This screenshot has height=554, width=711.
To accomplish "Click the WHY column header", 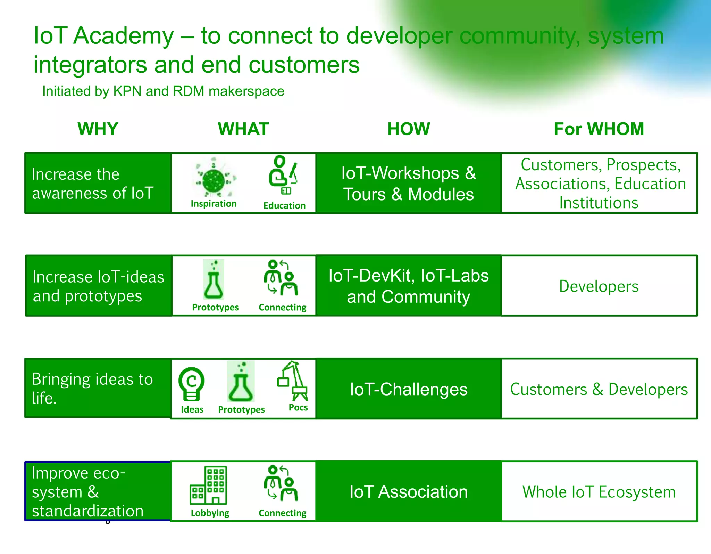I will [x=98, y=129].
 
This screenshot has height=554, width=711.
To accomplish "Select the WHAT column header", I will [x=243, y=129].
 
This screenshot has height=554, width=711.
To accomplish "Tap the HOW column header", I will [x=409, y=129].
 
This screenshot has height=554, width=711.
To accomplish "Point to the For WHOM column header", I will [x=599, y=129].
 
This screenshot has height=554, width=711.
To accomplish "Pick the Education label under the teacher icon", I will [x=284, y=206].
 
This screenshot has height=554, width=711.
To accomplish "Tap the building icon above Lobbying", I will [x=208, y=486].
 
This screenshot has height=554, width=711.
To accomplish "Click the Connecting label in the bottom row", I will [x=283, y=513].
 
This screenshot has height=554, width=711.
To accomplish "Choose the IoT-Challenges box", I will [x=409, y=389].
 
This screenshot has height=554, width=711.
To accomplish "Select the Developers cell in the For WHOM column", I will [x=599, y=286].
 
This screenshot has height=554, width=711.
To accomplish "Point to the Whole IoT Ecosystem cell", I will [x=599, y=492].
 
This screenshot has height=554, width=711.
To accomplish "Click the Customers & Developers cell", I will [x=599, y=389].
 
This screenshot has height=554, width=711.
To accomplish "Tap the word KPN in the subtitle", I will [x=127, y=91].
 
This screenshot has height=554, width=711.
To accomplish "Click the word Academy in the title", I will [x=123, y=36].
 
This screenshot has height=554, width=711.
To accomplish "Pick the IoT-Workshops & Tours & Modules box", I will [x=409, y=183].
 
